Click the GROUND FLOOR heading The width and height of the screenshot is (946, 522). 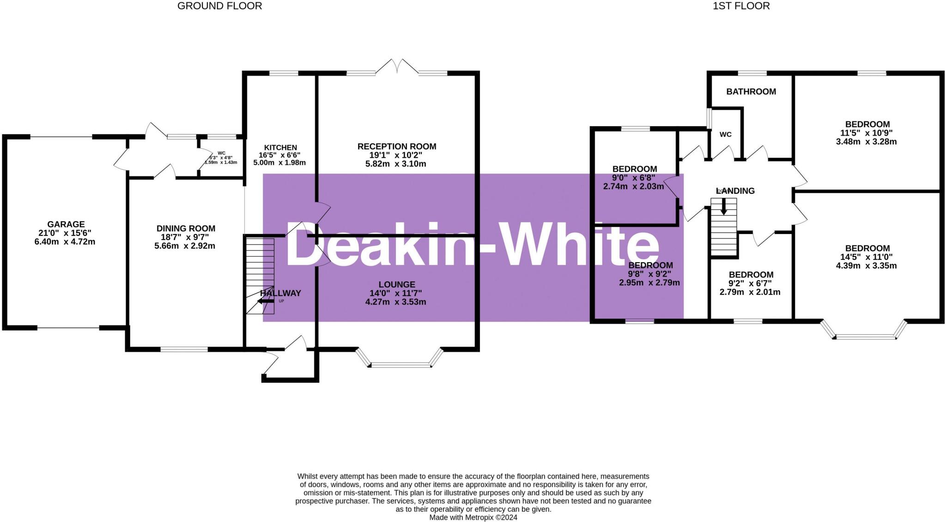pos(219,6)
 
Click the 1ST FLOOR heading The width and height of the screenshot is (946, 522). pos(741,6)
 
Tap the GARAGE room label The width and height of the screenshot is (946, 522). pos(66,224)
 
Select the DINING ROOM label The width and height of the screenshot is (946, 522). pos(186,228)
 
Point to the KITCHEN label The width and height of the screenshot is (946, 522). pos(280,147)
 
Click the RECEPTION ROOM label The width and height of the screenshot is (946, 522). pos(396,147)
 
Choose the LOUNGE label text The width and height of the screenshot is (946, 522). pos(396,284)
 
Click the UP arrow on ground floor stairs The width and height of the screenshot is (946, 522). pos(266,301)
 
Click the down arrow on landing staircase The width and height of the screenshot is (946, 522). pos(723,206)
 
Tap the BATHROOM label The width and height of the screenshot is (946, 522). pos(751,92)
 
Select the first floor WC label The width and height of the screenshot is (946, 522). pos(725,135)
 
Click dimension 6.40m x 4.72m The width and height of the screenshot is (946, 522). pos(65,242)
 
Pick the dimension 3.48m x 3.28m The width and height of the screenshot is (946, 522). pos(866,142)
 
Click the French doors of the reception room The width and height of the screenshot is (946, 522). pos(397,67)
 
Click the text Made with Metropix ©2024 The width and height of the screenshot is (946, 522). pos(473,517)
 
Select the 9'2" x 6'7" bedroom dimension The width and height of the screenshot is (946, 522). pos(750,283)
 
